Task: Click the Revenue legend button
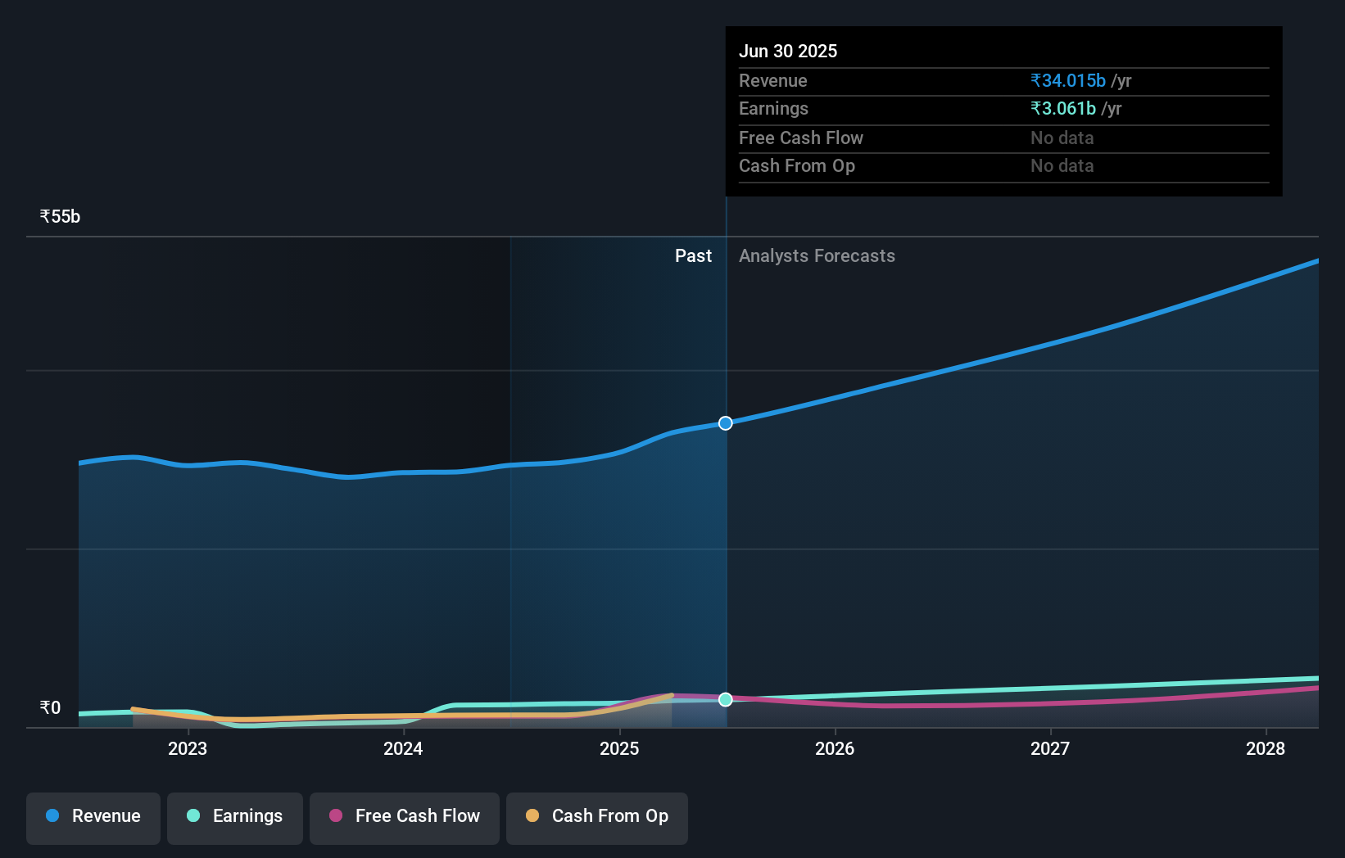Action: pos(93,816)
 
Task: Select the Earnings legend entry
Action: pos(235,816)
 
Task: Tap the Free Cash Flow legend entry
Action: pos(405,816)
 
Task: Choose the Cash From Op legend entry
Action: pos(597,816)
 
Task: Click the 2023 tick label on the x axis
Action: pos(188,748)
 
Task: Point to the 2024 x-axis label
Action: pos(403,748)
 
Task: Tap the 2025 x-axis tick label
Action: pos(619,748)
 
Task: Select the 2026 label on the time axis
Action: pos(835,748)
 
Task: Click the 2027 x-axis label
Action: pos(1050,748)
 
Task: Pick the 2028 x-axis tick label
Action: pos(1266,748)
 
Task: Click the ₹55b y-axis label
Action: pos(60,217)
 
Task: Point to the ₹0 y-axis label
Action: pos(50,708)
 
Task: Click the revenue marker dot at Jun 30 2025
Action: pos(726,423)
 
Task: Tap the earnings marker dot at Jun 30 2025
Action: pos(726,699)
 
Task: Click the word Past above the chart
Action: pos(693,256)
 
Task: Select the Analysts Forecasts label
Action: pos(817,256)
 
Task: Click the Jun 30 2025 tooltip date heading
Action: pos(788,52)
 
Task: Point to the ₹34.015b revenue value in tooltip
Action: pos(1068,81)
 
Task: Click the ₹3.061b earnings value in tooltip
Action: pos(1063,109)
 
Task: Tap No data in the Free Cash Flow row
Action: pos(1062,138)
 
